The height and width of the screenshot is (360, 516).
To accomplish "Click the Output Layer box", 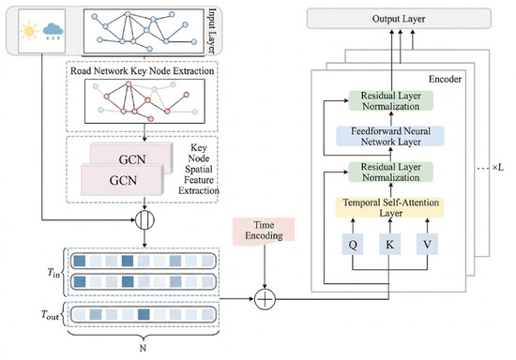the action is [399, 19].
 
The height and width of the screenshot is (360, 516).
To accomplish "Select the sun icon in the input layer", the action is [29, 31].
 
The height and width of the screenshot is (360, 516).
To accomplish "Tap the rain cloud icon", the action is [53, 31].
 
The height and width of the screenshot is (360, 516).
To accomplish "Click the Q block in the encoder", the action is [353, 245].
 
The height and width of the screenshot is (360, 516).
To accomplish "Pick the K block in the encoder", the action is [390, 245].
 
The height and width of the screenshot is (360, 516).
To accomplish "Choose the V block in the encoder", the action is [427, 245].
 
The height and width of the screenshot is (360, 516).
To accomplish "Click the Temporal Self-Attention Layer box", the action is [390, 207].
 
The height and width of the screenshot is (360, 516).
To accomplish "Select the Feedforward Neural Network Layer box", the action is [390, 137].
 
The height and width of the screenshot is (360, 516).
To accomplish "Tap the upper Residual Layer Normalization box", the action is [391, 100].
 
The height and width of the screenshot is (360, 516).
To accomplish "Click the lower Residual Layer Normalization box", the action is [391, 172].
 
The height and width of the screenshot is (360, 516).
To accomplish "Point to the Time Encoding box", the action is [264, 231].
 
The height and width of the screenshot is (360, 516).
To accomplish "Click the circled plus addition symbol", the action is [265, 299].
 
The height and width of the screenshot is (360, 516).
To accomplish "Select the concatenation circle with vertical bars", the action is [144, 220].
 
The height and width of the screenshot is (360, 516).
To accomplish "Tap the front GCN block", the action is [122, 180].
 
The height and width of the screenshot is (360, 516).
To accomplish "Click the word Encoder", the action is [445, 80].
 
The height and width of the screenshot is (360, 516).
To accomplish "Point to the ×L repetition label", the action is [498, 168].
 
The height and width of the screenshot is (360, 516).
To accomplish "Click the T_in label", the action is [54, 273].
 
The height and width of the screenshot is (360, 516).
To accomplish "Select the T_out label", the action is [50, 315].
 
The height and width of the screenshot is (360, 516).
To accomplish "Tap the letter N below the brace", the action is [143, 348].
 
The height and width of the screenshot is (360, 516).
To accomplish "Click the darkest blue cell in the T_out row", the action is [144, 314].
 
